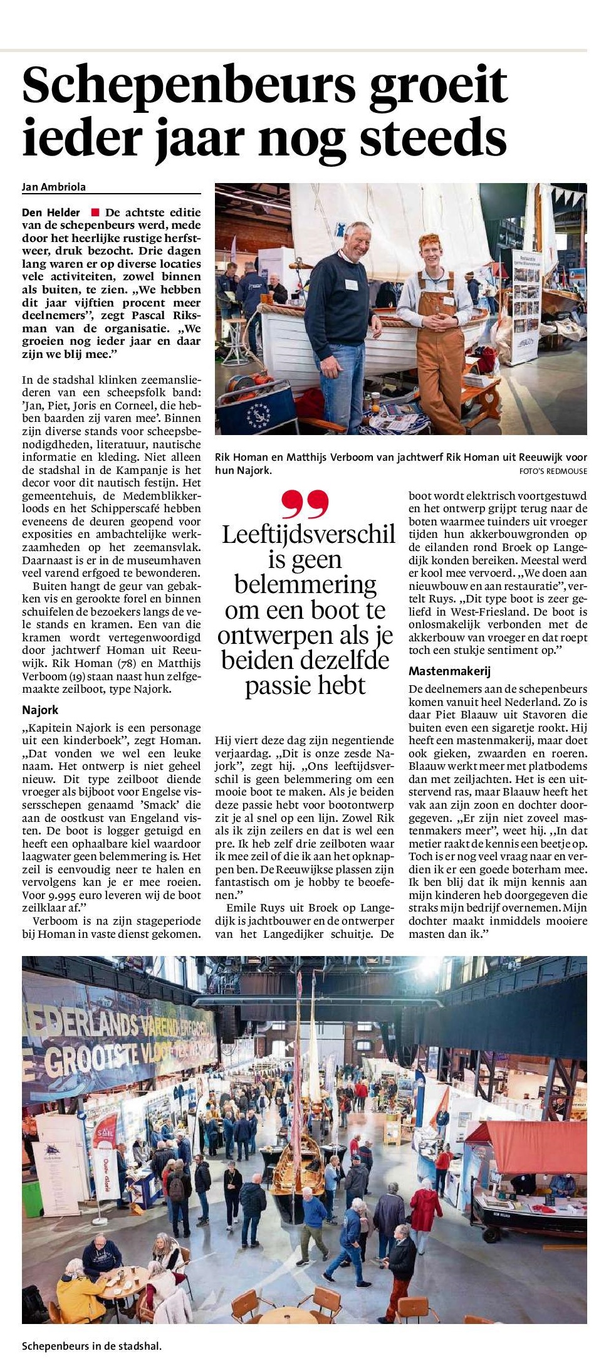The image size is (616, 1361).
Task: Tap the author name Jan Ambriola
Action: pyautogui.click(x=54, y=186)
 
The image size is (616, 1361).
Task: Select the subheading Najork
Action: pyautogui.click(x=40, y=710)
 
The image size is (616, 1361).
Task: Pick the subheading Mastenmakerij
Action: pyautogui.click(x=449, y=671)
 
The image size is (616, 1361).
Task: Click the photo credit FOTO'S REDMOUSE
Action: pyautogui.click(x=553, y=471)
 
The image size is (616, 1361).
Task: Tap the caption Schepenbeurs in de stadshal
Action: pyautogui.click(x=91, y=1345)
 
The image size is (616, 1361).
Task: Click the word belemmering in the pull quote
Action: pyautogui.click(x=305, y=584)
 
